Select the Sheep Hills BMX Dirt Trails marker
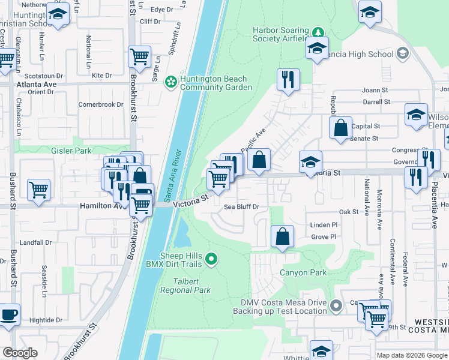point(211,259)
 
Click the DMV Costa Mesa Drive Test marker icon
point(336,305)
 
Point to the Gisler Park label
point(71,151)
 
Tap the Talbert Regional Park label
point(185,285)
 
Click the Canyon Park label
point(303,272)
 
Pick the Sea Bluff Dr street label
point(241,207)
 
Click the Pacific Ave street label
point(253,142)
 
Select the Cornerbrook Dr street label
point(100,104)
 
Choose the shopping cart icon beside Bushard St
point(38,190)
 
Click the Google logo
point(20,353)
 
